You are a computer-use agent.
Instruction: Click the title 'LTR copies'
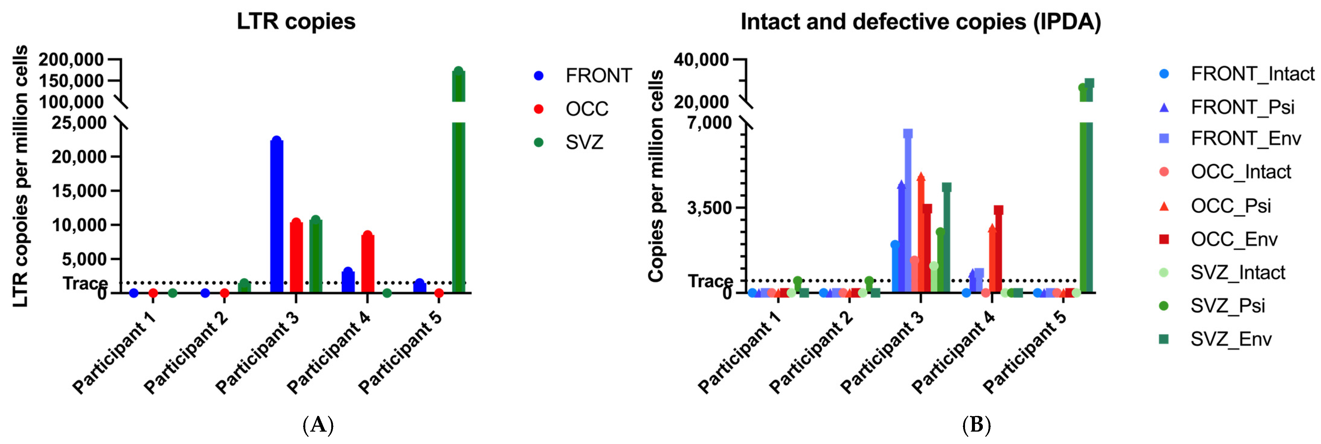coord(296,21)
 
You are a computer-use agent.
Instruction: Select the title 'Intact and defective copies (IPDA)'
coord(921,21)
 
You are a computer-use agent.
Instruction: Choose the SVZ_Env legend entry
coord(1231,339)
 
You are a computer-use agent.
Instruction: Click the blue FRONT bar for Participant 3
coord(276,215)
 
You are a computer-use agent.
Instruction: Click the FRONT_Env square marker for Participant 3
coord(908,134)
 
